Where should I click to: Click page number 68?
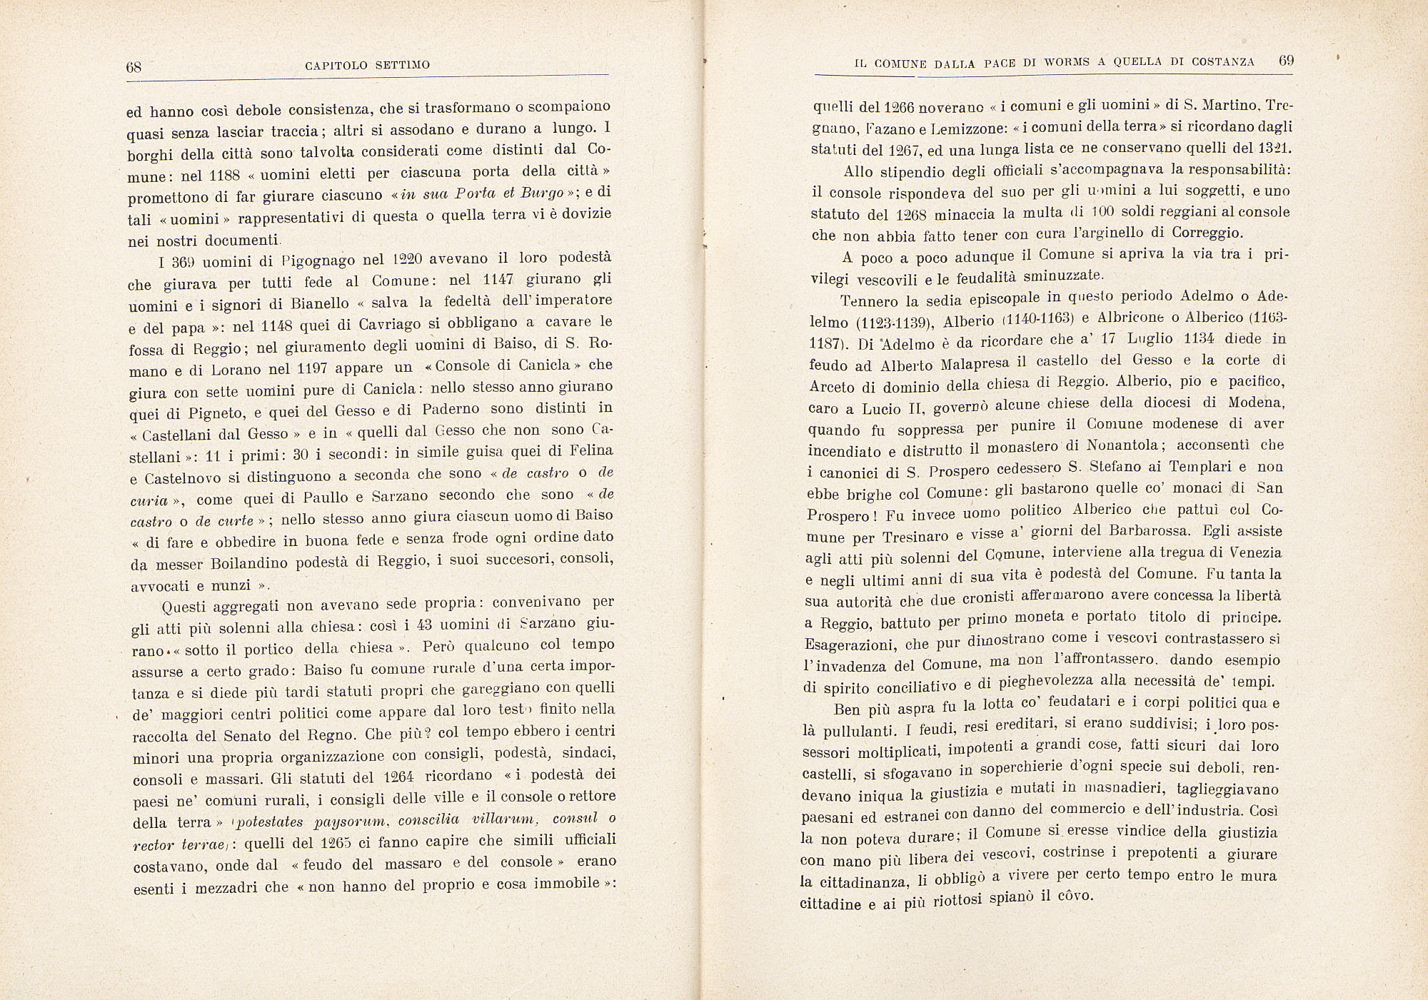tap(134, 68)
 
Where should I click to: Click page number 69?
tap(1286, 61)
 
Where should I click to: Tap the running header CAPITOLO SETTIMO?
tap(367, 66)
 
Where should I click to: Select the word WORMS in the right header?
tap(1067, 62)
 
